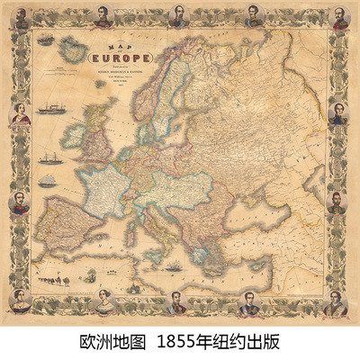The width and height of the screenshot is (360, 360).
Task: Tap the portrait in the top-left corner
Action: tap(21, 20)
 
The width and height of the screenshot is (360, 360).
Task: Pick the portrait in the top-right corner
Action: tap(339, 19)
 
